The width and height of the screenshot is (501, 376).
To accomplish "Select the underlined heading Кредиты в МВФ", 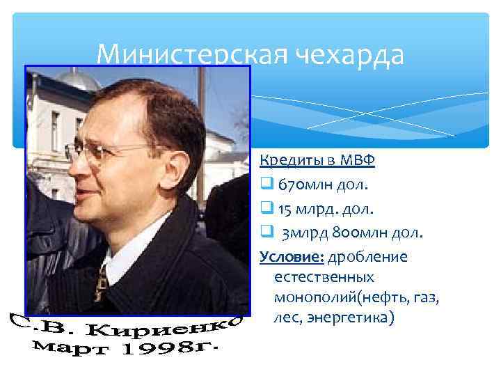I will [317, 162].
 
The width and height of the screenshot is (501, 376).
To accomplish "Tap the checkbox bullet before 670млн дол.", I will [265, 185].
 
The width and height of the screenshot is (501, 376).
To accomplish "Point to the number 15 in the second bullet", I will [285, 208].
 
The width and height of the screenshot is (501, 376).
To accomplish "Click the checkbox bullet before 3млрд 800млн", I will [265, 232].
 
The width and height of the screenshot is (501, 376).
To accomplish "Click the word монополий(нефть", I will [337, 297].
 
